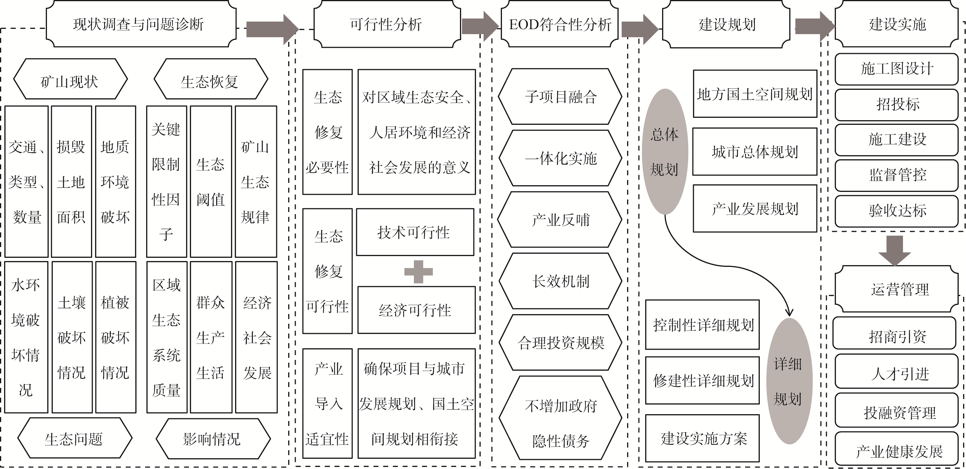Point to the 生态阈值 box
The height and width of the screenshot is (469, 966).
[x=211, y=182]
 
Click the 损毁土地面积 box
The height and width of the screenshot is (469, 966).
[x=71, y=182]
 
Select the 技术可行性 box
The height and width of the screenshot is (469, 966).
[x=415, y=232]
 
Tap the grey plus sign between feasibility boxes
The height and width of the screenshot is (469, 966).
[x=419, y=272]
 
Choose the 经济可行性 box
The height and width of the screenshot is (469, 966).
[x=416, y=310]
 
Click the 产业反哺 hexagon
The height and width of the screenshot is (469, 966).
[x=560, y=220]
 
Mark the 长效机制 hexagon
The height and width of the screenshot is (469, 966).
[x=560, y=281]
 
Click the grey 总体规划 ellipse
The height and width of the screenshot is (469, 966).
[x=665, y=152]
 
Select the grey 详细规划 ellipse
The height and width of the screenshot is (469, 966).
[x=789, y=381]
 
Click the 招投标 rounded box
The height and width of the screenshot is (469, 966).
[x=897, y=104]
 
